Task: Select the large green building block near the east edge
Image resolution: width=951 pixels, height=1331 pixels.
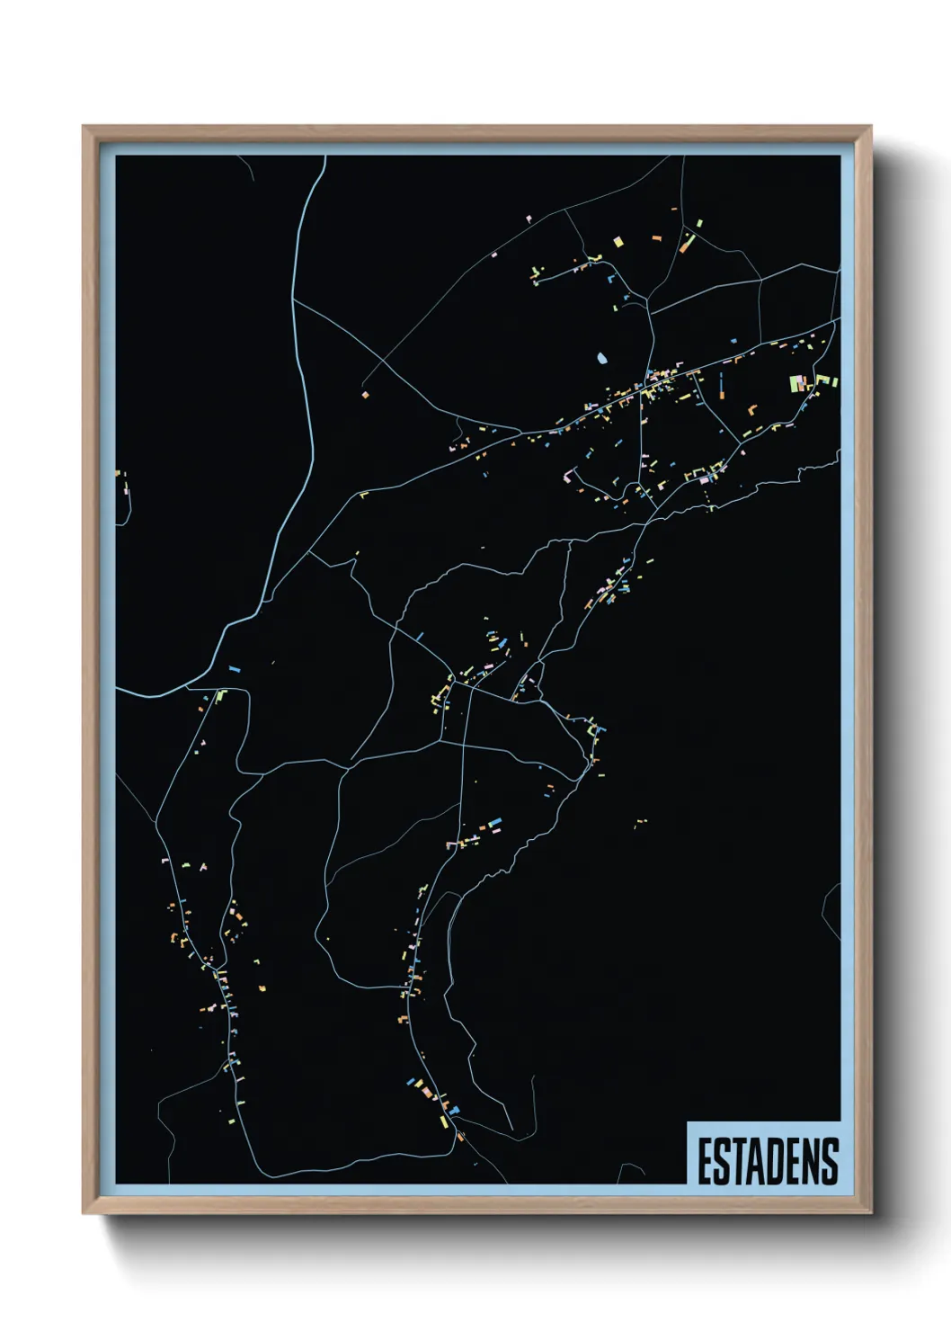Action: pos(795,383)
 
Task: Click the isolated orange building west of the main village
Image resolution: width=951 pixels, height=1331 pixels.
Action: pos(365,394)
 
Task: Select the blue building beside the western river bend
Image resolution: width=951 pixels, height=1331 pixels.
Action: pos(235,670)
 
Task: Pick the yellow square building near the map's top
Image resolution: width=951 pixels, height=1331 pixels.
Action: pos(618,240)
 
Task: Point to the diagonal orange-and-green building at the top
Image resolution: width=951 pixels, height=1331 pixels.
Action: pos(689,241)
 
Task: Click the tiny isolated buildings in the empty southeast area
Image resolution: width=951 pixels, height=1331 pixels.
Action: pos(640,821)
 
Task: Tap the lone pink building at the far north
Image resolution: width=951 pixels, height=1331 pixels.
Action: pos(529,218)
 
